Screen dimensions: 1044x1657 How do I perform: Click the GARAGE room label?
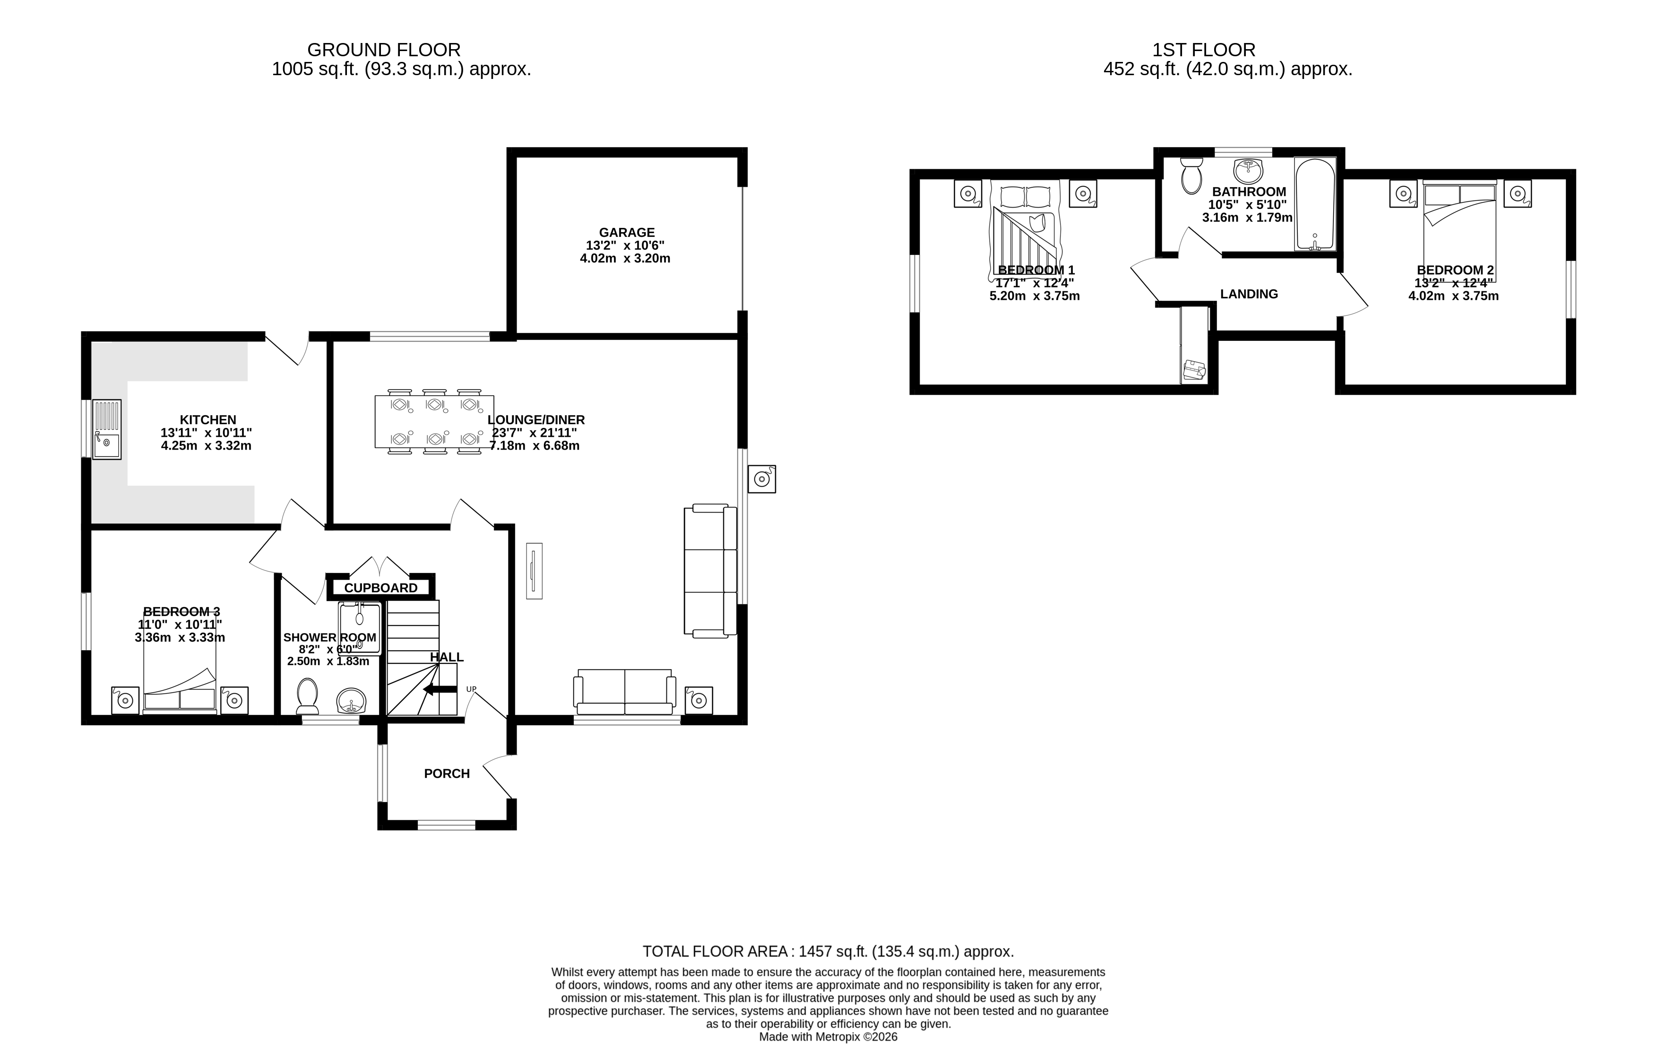pyautogui.click(x=626, y=233)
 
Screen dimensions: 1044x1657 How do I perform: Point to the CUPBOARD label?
pyautogui.click(x=380, y=588)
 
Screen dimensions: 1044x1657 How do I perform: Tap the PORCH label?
pyautogui.click(x=447, y=774)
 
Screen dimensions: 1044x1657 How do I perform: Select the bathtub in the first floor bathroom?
pyautogui.click(x=1315, y=204)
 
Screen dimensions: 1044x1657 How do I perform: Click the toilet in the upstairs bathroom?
pyautogui.click(x=1191, y=176)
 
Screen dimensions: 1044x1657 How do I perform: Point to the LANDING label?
pyautogui.click(x=1249, y=294)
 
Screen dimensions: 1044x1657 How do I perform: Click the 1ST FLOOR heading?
pyautogui.click(x=1204, y=50)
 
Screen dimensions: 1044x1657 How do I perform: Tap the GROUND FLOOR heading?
pyautogui.click(x=383, y=50)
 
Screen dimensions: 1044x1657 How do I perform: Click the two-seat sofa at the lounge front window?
pyautogui.click(x=625, y=692)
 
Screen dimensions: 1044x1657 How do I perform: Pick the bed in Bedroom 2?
pyautogui.click(x=1459, y=231)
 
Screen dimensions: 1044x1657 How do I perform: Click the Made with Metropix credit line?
pyautogui.click(x=828, y=1036)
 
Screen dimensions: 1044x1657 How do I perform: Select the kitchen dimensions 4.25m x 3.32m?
pyautogui.click(x=206, y=445)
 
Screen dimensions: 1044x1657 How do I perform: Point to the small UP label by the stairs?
pyautogui.click(x=471, y=689)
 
